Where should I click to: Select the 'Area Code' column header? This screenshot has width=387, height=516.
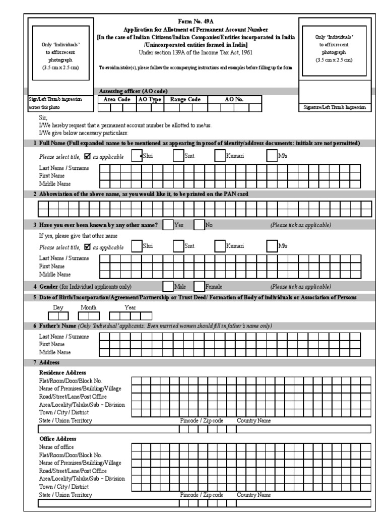tap(117, 100)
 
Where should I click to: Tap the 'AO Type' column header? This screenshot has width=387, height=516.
tap(150, 100)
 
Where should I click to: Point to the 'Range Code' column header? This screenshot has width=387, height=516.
tap(185, 100)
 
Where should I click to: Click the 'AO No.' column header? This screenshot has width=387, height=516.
tap(233, 100)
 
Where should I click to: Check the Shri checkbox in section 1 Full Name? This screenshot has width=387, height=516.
tap(136, 157)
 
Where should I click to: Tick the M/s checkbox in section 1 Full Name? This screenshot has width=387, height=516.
tap(272, 157)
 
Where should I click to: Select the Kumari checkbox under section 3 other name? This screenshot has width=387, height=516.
tap(219, 246)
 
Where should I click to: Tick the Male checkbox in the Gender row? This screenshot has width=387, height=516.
tap(167, 287)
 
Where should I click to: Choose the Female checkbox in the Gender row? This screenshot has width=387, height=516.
tap(199, 287)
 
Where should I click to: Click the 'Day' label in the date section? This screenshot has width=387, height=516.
tap(58, 307)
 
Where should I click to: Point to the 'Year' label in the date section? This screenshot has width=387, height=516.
tap(130, 307)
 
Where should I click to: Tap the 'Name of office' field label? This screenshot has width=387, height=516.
tap(56, 447)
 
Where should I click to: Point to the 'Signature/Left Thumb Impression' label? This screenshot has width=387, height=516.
tap(334, 108)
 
